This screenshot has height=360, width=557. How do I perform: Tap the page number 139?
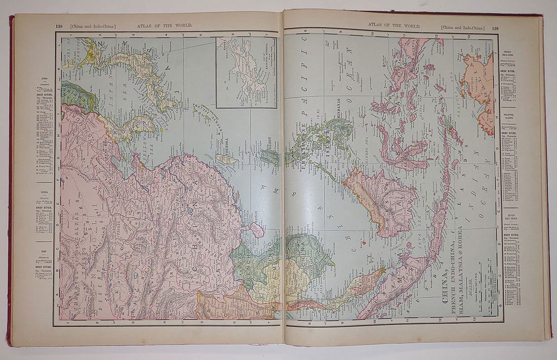(x=495, y=28)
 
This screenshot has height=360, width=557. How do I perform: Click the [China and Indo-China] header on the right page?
(x=462, y=28)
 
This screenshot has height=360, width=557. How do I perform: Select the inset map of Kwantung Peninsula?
(x=247, y=71)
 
